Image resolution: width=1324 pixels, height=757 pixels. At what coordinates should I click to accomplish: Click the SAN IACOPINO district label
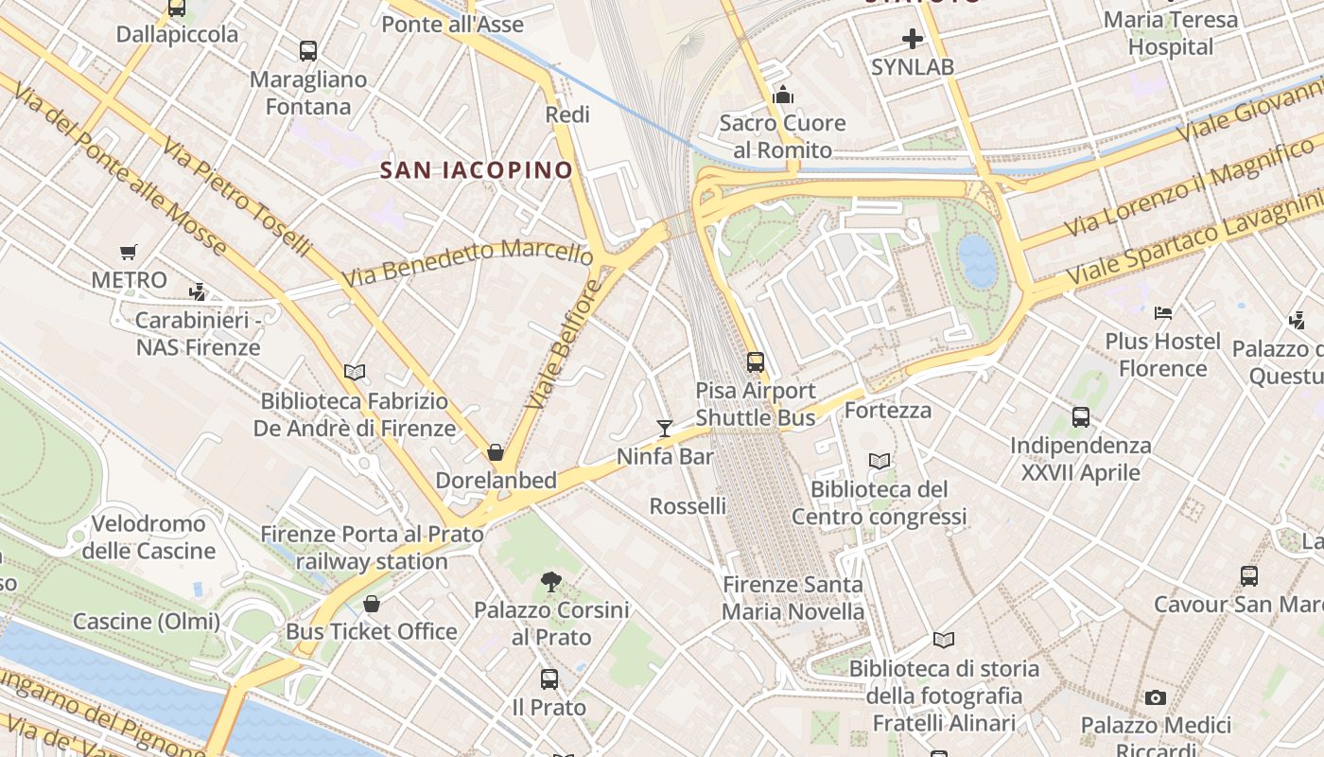[476, 170]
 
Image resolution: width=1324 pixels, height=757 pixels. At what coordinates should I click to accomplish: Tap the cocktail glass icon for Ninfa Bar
[665, 429]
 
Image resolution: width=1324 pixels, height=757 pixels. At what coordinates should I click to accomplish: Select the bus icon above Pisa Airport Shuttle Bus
[755, 362]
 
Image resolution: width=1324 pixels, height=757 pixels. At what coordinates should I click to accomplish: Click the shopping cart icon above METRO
[129, 252]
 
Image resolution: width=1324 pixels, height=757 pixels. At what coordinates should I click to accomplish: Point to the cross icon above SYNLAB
[912, 39]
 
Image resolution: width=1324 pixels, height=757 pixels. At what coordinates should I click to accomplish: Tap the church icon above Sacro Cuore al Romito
[782, 95]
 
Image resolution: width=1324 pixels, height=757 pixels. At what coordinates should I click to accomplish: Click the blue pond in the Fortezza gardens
[977, 260]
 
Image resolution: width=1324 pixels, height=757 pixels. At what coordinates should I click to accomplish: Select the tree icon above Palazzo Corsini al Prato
[550, 582]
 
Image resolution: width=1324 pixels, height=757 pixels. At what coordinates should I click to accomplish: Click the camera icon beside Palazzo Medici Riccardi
[1155, 698]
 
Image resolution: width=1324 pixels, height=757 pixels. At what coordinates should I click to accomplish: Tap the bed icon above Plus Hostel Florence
[1163, 312]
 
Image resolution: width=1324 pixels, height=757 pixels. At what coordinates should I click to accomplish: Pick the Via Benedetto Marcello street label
[467, 262]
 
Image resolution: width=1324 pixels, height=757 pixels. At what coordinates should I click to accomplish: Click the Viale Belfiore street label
[565, 344]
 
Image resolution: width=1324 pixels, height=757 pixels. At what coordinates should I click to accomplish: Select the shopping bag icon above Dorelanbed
[495, 452]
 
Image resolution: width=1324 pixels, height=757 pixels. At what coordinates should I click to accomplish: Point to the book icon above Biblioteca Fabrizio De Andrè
[355, 373]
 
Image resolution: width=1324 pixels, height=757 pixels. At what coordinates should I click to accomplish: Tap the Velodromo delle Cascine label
[148, 537]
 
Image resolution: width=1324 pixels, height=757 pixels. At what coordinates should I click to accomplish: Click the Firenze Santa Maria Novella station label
[793, 598]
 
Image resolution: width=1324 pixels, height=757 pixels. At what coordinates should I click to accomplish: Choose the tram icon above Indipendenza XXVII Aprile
[1080, 416]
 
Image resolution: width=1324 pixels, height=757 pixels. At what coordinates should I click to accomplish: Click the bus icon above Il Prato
[549, 678]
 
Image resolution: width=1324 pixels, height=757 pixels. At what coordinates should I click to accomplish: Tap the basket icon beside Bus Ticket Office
[372, 604]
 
